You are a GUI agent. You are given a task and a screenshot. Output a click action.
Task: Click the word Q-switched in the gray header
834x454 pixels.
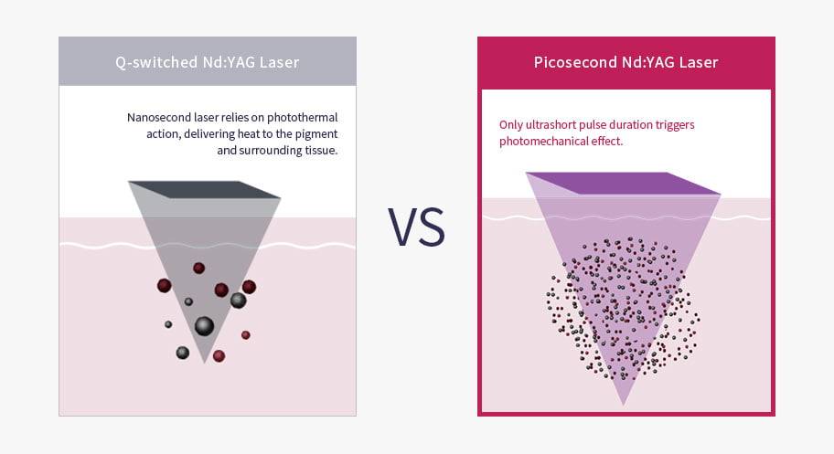(x=156, y=62)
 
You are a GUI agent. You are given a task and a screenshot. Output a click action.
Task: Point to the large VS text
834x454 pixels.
(x=416, y=227)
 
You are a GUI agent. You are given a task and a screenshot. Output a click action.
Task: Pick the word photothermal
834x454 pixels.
(x=302, y=118)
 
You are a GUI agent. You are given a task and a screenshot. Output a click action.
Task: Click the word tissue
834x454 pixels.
(x=321, y=150)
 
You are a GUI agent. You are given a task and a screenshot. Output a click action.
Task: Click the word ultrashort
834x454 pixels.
(x=551, y=125)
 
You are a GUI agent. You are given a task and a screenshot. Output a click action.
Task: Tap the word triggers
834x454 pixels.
(x=675, y=125)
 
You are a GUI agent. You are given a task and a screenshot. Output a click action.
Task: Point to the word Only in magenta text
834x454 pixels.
(x=510, y=125)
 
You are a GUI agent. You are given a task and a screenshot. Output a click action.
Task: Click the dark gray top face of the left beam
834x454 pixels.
(x=205, y=189)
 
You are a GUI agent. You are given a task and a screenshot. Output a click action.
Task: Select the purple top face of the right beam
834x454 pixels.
(x=624, y=183)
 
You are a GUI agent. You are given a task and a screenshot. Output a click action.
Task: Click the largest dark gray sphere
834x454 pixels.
(x=204, y=326)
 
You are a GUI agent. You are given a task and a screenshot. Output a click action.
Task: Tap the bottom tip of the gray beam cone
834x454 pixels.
(x=204, y=363)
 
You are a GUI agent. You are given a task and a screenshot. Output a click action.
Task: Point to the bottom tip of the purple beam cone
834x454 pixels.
(x=624, y=406)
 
